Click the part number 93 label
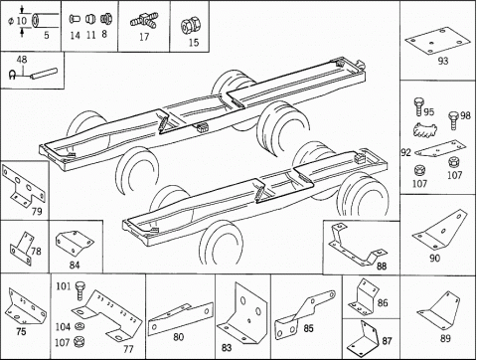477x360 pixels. [x=443, y=61]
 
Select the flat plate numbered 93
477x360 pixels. [x=437, y=41]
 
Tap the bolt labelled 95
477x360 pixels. [x=418, y=106]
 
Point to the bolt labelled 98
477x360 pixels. [x=454, y=120]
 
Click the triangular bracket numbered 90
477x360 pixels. [x=439, y=232]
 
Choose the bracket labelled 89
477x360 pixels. [x=440, y=311]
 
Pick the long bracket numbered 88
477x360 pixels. [x=356, y=246]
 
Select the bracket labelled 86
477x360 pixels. [x=363, y=296]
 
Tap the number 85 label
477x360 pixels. [x=308, y=328]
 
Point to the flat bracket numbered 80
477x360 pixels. [x=181, y=318]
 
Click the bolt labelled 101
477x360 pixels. [x=79, y=290]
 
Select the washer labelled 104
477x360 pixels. [x=79, y=326]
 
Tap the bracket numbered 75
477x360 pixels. [x=27, y=306]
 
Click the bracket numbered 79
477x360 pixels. [x=23, y=186]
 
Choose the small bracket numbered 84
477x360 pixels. [x=75, y=244]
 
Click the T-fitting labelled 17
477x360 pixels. [x=144, y=20]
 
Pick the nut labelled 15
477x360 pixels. [x=190, y=27]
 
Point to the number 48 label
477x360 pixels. [x=22, y=60]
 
